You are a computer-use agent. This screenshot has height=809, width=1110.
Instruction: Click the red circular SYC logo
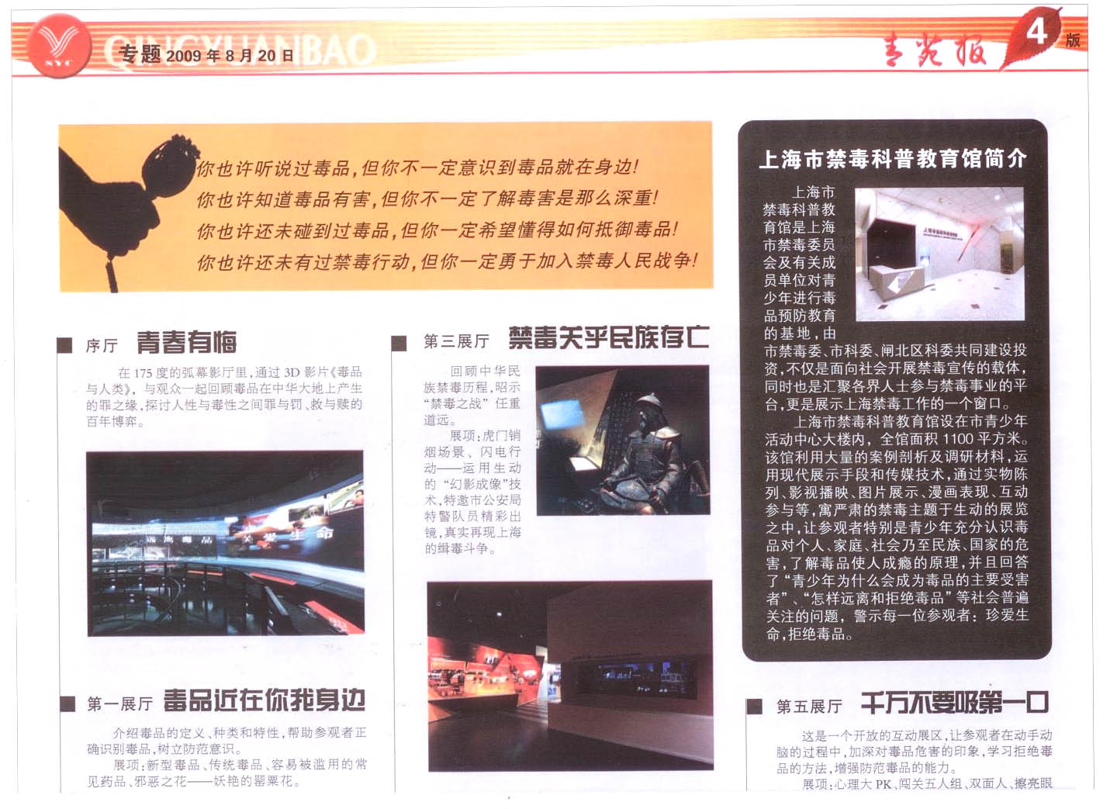tap(58, 46)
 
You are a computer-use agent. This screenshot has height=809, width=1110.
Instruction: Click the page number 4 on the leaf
tap(1036, 33)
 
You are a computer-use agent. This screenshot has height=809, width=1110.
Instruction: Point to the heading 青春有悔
tap(186, 342)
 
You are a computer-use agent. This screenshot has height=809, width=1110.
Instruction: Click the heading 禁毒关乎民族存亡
tap(608, 337)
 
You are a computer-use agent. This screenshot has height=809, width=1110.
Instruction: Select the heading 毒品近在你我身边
tap(264, 700)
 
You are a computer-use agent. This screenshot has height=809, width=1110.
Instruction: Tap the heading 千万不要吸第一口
tap(954, 704)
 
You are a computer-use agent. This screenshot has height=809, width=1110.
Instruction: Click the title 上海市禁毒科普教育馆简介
tap(893, 159)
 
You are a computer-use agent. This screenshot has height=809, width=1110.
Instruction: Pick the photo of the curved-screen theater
tap(225, 543)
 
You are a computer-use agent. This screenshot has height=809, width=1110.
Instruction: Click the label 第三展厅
tap(456, 341)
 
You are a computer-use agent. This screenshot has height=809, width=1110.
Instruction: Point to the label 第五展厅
tap(808, 707)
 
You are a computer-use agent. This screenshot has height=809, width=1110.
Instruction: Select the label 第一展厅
tap(119, 704)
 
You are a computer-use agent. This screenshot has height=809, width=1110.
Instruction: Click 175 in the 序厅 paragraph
tap(143, 373)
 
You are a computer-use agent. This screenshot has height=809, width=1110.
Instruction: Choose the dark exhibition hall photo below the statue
tap(570, 675)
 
